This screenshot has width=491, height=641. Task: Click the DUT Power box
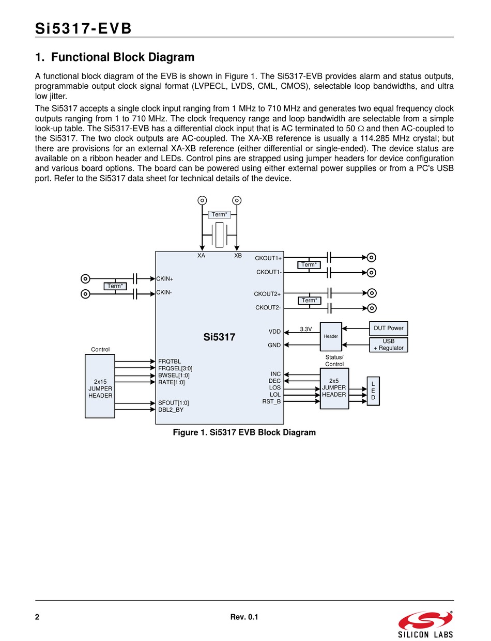pyautogui.click(x=388, y=329)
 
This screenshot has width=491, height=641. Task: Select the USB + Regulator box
pyautogui.click(x=388, y=345)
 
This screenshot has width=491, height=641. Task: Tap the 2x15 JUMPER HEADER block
pyautogui.click(x=100, y=386)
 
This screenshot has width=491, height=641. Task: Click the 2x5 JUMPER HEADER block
pyautogui.click(x=334, y=388)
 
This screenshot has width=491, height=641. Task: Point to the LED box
pyautogui.click(x=373, y=391)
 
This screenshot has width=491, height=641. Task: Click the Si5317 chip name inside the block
pyautogui.click(x=219, y=337)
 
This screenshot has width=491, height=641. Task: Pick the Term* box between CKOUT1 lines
pyautogui.click(x=309, y=264)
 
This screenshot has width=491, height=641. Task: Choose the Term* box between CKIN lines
pyautogui.click(x=115, y=286)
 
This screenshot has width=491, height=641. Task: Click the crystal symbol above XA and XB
pyautogui.click(x=219, y=235)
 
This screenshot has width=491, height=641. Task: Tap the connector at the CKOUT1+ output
pyautogui.click(x=371, y=258)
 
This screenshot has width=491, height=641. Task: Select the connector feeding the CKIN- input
pyautogui.click(x=85, y=294)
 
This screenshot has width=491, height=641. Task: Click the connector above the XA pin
pyautogui.click(x=202, y=200)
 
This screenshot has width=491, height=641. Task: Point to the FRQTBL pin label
pyautogui.click(x=170, y=362)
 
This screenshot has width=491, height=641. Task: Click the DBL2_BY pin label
pyautogui.click(x=171, y=410)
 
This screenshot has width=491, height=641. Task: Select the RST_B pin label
pyautogui.click(x=271, y=401)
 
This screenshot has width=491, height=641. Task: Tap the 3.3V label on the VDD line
pyautogui.click(x=305, y=329)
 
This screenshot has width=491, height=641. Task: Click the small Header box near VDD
pyautogui.click(x=331, y=336)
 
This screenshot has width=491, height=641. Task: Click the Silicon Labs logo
pyautogui.click(x=425, y=624)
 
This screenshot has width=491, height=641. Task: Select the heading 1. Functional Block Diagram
pyautogui.click(x=115, y=57)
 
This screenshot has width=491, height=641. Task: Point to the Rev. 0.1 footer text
pyautogui.click(x=244, y=617)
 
